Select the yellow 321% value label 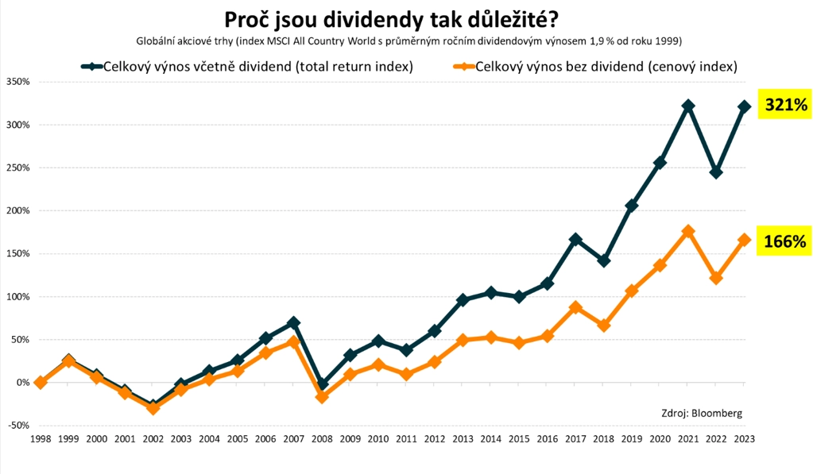785,105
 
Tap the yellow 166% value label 785,241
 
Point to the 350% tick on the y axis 17,82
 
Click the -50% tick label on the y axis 17,426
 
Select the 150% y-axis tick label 17,254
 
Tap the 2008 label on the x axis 322,438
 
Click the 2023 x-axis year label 745,438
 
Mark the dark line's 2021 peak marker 688,106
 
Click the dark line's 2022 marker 716,172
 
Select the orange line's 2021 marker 688,231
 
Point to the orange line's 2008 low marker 322,396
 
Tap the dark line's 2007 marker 294,323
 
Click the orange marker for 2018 604,326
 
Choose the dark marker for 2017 575,239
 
